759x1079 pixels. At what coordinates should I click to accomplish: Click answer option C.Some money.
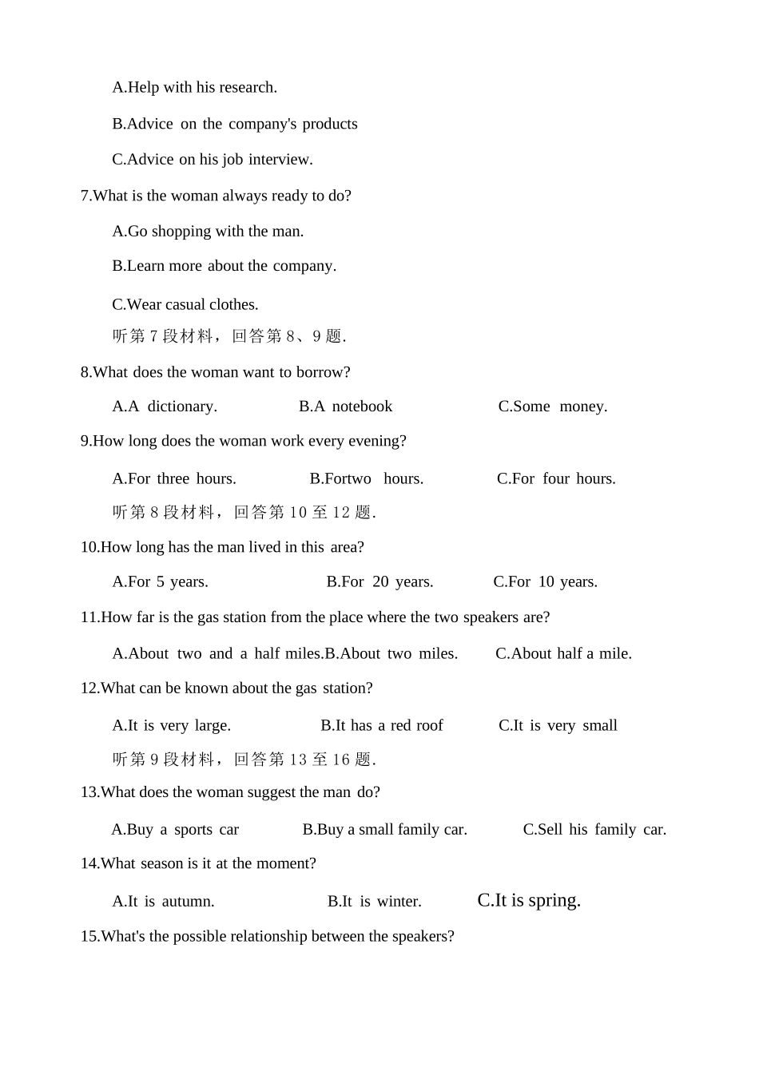pos(552,407)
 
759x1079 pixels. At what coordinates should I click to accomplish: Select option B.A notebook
pos(345,407)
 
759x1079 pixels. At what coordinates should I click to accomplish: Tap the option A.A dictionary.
pos(165,407)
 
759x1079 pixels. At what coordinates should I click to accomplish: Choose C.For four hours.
pos(556,479)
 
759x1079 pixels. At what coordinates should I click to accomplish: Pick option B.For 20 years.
pos(379,582)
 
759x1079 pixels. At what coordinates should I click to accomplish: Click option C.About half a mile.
pos(563,654)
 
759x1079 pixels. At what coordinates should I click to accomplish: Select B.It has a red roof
pos(381,726)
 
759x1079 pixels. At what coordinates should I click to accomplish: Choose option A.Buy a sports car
pos(175,830)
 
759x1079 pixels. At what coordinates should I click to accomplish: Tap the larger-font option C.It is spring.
pos(529,900)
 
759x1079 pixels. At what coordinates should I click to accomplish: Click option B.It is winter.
pos(374,902)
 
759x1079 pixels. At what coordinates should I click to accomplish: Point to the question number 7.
pos(85,196)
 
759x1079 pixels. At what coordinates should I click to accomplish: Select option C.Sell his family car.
pos(594,830)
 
